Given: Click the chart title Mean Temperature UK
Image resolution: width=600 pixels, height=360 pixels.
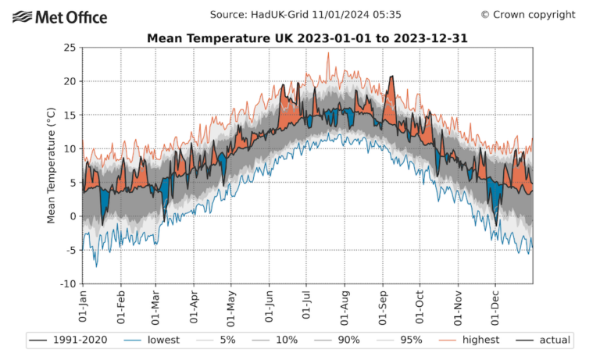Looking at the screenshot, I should [x=308, y=37].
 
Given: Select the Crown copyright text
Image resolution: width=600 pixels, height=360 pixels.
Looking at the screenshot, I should [x=527, y=15].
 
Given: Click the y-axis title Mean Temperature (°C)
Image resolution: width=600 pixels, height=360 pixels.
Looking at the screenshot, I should [x=52, y=166].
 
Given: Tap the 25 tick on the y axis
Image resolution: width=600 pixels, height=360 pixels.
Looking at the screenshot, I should [x=70, y=48].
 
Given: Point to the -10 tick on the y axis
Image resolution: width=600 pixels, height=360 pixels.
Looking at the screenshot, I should [x=67, y=283].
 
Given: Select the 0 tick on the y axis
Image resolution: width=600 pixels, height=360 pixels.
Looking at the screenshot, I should [x=73, y=216].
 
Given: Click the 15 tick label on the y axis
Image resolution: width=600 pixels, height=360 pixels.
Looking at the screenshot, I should [x=70, y=115].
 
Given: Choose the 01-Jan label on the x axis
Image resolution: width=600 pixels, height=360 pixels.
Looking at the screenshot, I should [x=84, y=306].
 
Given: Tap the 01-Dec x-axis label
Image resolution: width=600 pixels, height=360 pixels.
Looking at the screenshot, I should [x=495, y=306].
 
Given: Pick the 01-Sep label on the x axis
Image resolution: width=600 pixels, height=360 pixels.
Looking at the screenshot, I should [x=382, y=306].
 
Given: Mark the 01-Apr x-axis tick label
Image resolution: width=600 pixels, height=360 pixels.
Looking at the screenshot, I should [x=194, y=306].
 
